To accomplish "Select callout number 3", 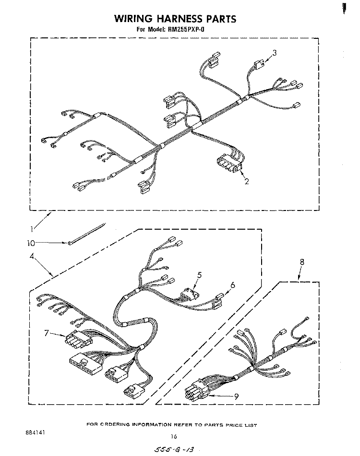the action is [x=274, y=53].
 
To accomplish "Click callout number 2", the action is [x=247, y=181].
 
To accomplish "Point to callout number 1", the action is [x=32, y=229].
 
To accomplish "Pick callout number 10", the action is [x=31, y=243].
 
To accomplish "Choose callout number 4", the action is [x=32, y=256].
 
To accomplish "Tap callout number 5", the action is [x=199, y=275].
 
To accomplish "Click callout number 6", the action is [x=233, y=285].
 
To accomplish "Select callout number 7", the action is [x=47, y=332].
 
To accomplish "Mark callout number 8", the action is [x=302, y=262].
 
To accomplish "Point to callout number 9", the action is [x=236, y=397].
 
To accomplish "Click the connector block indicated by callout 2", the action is [x=229, y=164].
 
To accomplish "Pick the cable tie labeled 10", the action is [x=87, y=234].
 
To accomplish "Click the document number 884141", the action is [x=35, y=433].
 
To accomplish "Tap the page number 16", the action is [x=174, y=436].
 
